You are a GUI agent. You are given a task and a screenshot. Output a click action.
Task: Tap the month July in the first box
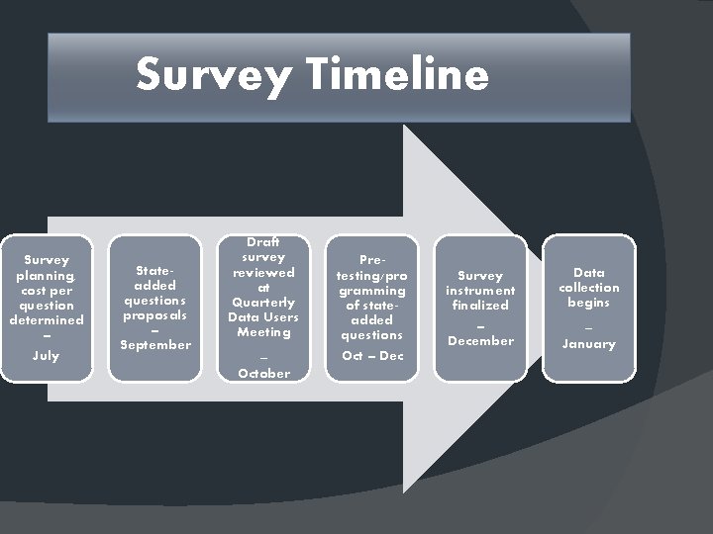[46, 355]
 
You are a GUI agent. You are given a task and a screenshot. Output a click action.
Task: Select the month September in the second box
[154, 344]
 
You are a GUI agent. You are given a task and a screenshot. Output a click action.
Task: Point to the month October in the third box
[263, 373]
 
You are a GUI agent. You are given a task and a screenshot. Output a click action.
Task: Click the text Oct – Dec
[372, 355]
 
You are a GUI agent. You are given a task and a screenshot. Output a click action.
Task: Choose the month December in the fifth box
[480, 340]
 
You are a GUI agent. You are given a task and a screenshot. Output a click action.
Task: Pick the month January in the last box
[589, 344]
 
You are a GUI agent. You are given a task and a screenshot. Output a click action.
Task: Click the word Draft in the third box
[263, 242]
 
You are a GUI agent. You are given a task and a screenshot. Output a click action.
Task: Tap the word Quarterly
[263, 302]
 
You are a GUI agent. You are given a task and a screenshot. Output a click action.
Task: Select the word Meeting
[263, 331]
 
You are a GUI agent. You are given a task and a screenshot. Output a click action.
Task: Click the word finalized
[480, 305]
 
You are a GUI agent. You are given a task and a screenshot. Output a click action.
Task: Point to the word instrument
[480, 290]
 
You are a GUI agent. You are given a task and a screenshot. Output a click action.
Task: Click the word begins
[589, 302]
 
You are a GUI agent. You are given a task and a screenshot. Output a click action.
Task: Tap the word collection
[589, 287]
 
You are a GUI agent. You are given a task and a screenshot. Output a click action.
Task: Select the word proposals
[154, 314]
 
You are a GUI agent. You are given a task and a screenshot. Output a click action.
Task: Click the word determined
[46, 319]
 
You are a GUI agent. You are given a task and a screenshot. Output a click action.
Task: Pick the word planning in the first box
[46, 276]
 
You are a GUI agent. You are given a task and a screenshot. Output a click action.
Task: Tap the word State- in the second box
[154, 269]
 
